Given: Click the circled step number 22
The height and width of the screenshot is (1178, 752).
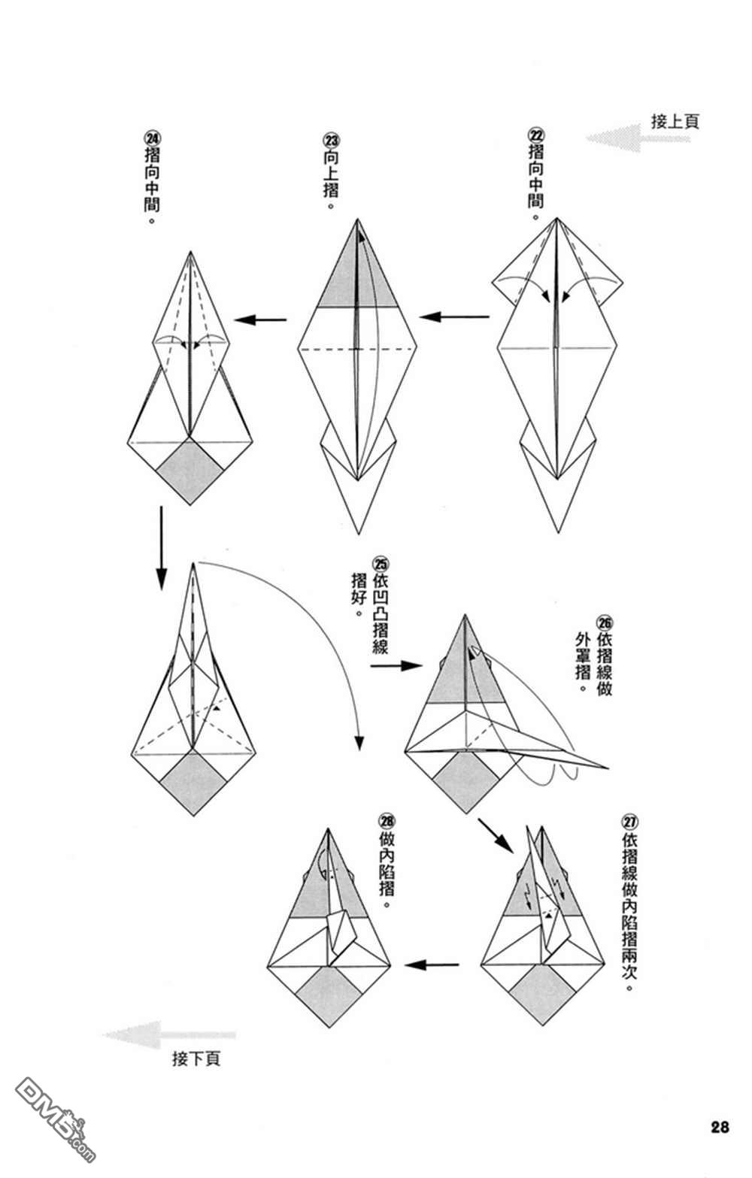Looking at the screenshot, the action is [535, 135].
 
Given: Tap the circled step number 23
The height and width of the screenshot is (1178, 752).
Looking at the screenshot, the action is [331, 140].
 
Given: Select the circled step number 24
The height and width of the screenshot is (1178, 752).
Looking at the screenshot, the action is [152, 139].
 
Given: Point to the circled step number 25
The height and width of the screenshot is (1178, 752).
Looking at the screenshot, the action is [381, 565].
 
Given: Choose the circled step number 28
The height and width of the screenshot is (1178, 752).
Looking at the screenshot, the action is [387, 821].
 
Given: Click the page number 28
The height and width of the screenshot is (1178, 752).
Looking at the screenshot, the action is [720, 1127].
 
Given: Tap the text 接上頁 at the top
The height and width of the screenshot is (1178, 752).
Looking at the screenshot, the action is [675, 122].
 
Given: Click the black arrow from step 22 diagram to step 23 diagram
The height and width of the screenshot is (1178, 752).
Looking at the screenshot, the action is [454, 316].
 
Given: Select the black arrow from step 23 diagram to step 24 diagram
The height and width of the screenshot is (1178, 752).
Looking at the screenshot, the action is [260, 319].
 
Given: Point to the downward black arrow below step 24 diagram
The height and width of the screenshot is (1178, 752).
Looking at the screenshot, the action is [161, 547].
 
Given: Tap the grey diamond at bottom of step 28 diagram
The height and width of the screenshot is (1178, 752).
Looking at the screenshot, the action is [329, 997].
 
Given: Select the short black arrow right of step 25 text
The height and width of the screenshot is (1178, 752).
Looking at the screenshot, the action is [396, 666].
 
